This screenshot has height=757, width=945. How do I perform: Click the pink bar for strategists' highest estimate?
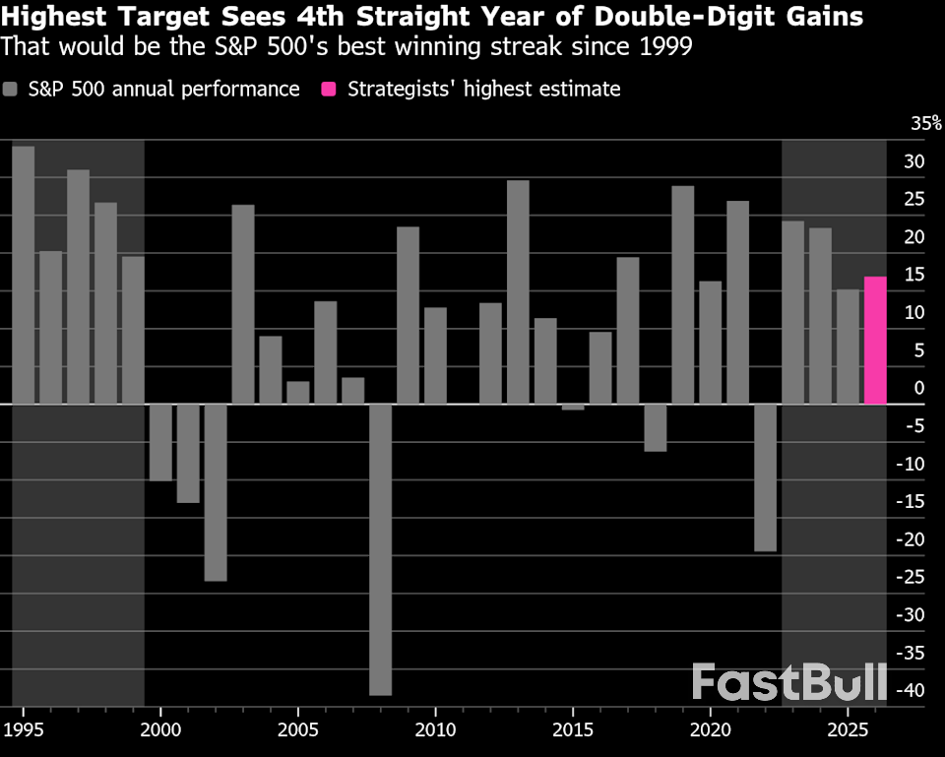[x=875, y=341]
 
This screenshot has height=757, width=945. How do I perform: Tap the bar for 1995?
[x=23, y=275]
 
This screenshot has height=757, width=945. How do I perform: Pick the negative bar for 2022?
[x=766, y=477]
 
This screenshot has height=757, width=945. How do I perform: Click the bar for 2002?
[x=216, y=492]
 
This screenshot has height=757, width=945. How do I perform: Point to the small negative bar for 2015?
[x=573, y=407]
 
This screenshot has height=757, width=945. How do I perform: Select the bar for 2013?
[x=518, y=291]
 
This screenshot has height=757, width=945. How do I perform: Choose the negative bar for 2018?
[x=656, y=427]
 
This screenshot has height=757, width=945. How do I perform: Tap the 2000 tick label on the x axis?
[x=160, y=730]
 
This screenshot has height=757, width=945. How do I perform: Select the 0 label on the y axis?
[x=918, y=389]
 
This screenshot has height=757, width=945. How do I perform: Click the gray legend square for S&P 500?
[x=11, y=90]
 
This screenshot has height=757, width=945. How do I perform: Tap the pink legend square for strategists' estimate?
[x=329, y=90]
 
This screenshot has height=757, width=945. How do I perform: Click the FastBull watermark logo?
[x=788, y=682]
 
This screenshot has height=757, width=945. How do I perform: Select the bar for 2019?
[x=683, y=294]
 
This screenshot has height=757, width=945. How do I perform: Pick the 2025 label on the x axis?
[x=848, y=730]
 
